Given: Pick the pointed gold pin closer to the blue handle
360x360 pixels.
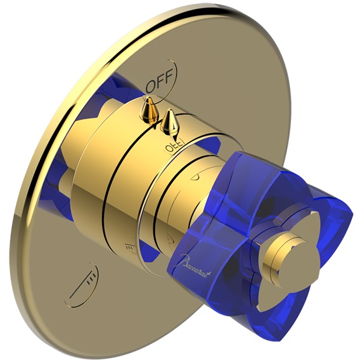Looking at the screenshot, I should click(169, 122).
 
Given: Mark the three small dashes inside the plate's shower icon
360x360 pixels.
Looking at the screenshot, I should click(92, 275).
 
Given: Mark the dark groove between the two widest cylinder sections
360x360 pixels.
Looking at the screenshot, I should click(108, 190).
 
